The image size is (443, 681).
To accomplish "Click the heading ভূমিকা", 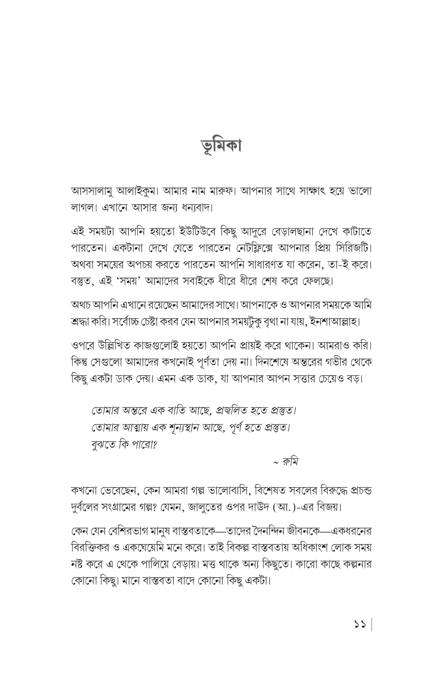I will coord(221,146).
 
